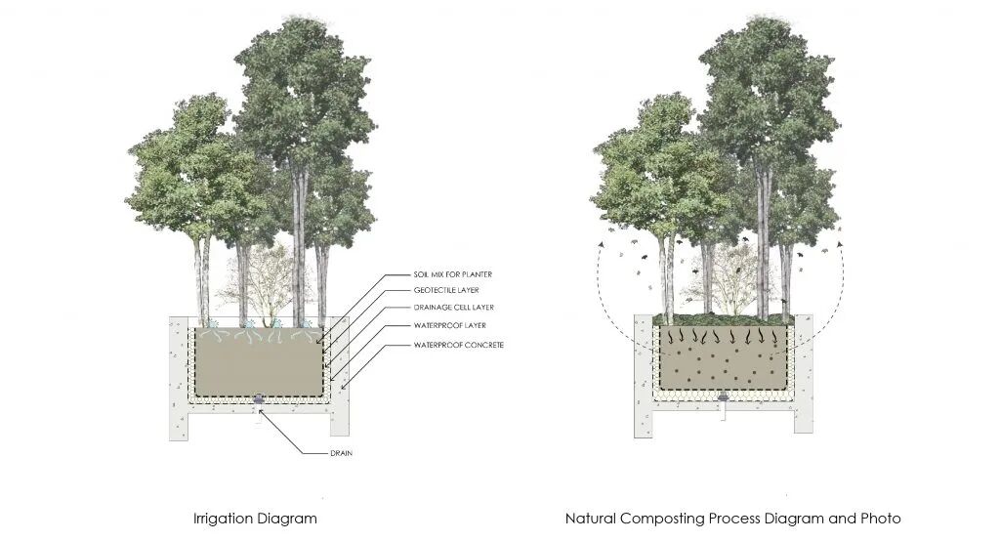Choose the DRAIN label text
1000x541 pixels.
341,453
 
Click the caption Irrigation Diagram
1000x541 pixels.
255,518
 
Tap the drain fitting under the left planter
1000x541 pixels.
259,398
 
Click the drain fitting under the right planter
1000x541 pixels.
723,397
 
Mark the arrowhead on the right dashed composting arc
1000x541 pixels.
839,230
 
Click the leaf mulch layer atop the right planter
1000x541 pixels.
723,318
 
